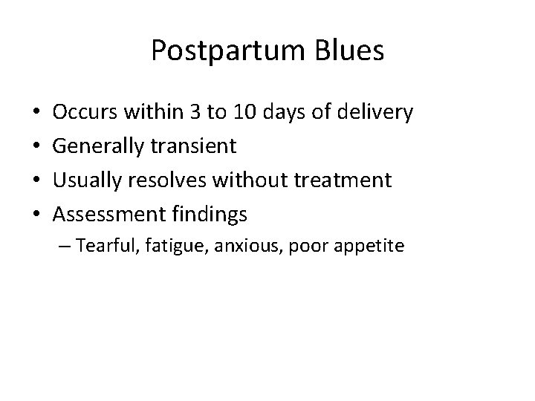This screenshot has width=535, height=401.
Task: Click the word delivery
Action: pyautogui.click(x=375, y=113)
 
